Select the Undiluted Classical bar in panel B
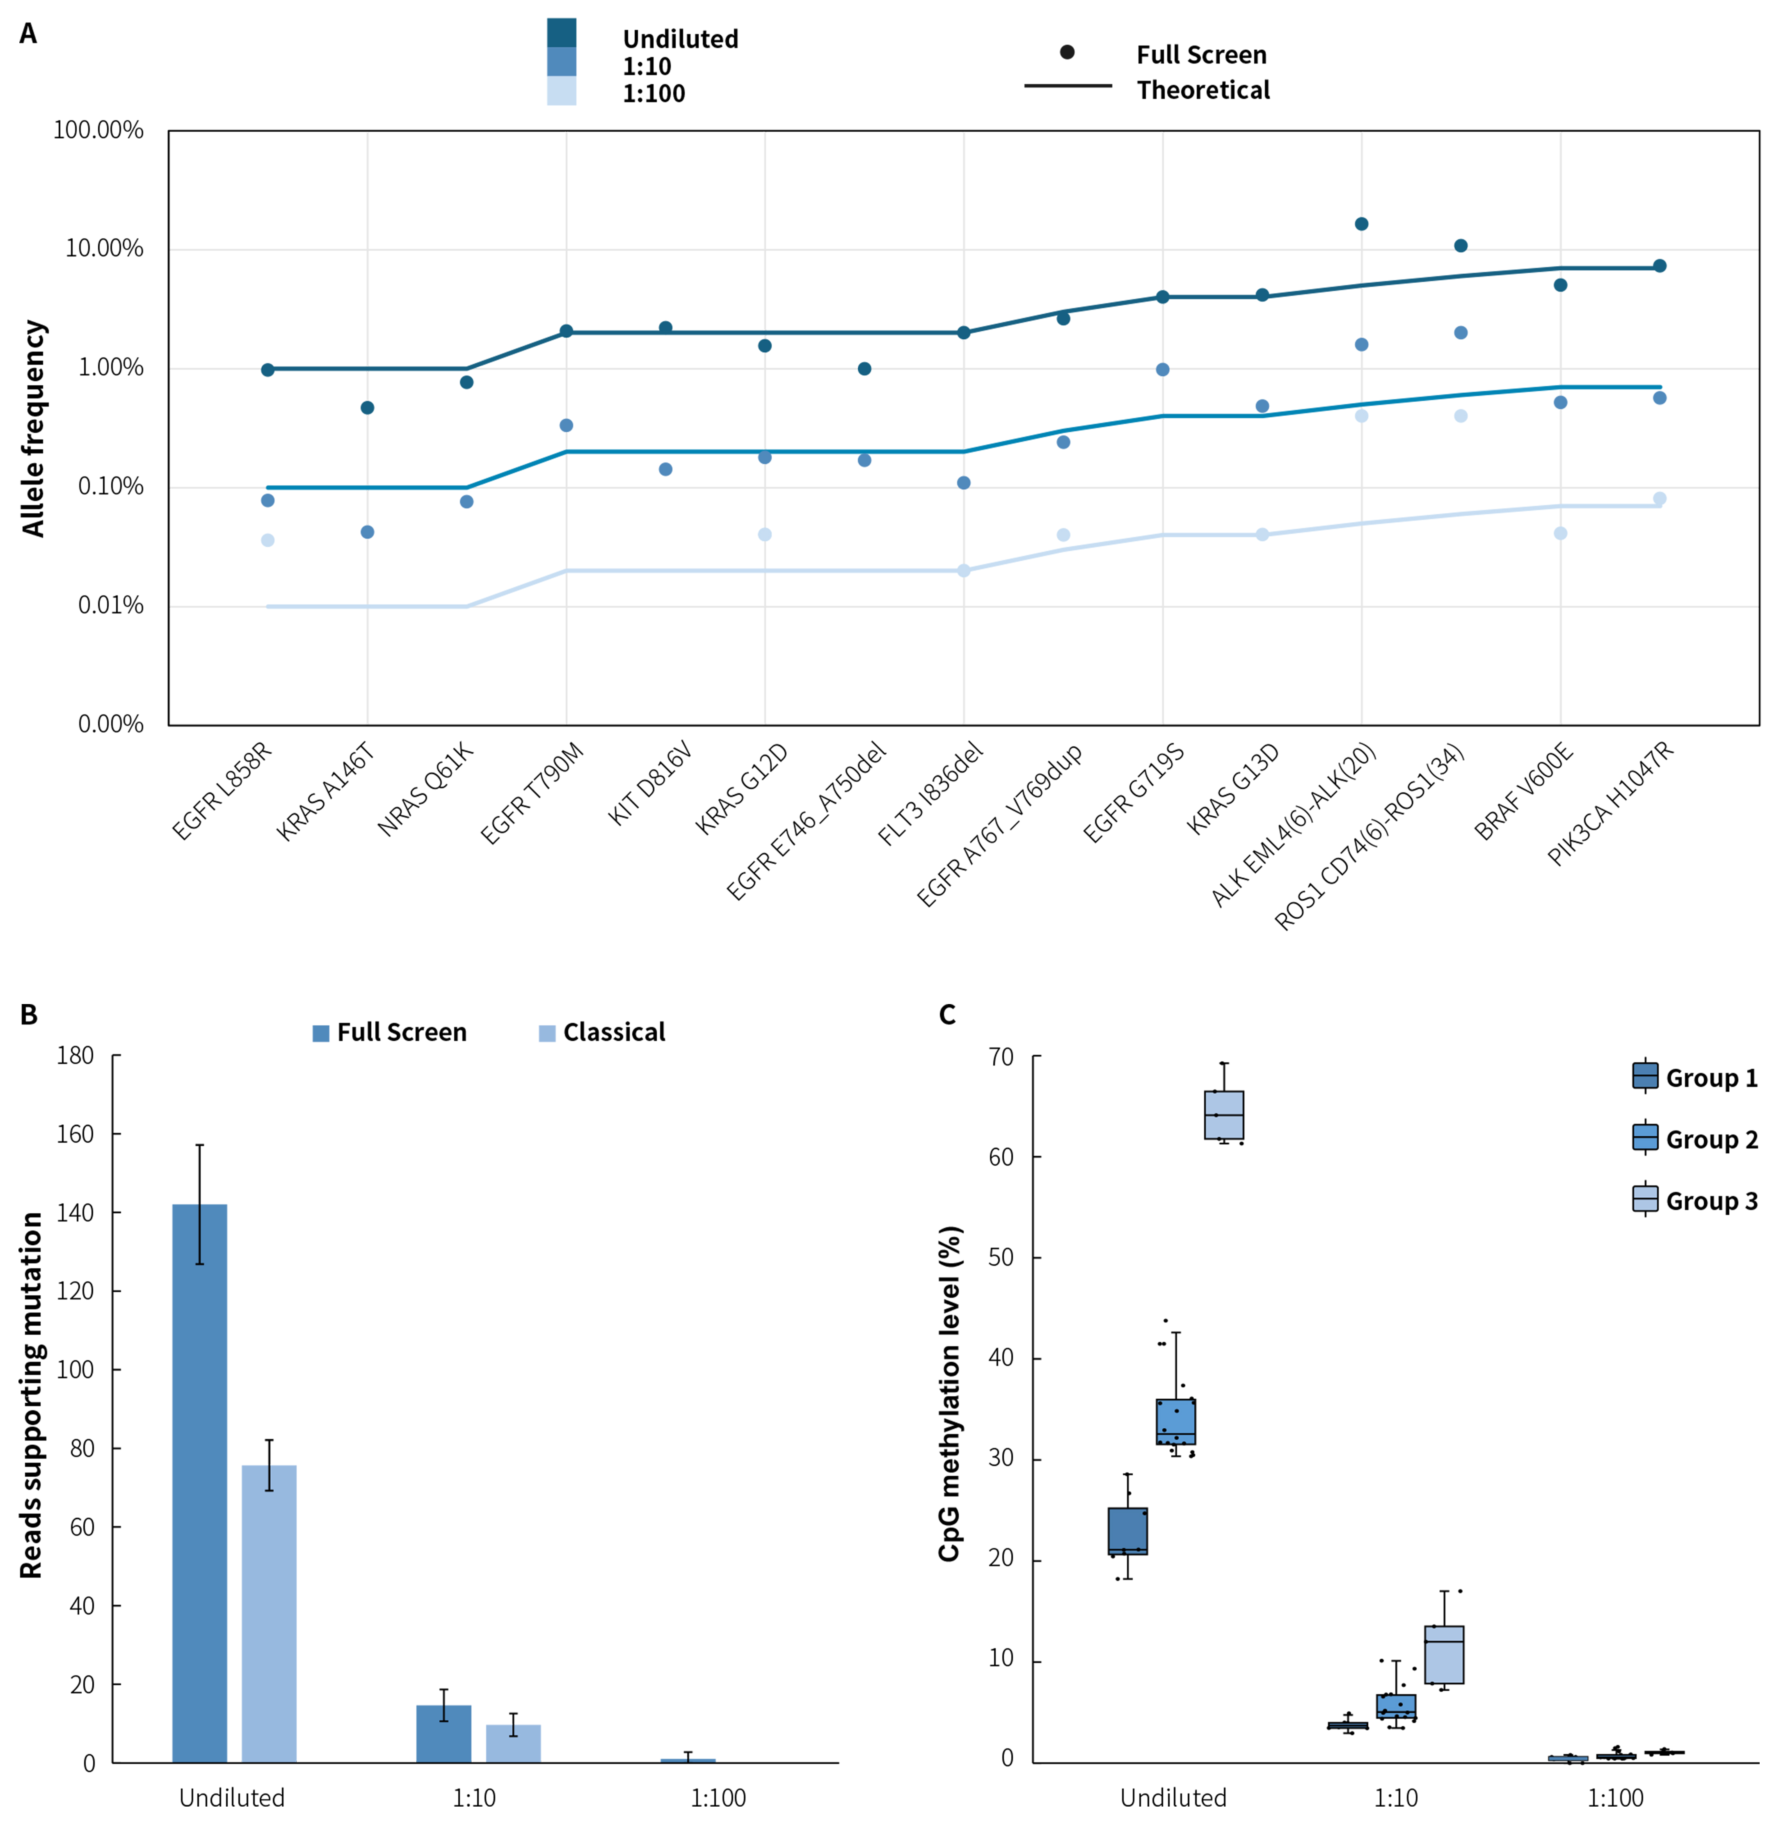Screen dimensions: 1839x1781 pyautogui.click(x=269, y=1614)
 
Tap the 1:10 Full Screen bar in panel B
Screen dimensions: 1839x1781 pyautogui.click(x=444, y=1734)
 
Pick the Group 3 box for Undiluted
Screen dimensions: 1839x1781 pyautogui.click(x=1223, y=1115)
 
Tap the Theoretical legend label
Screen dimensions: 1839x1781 pyautogui.click(x=1203, y=90)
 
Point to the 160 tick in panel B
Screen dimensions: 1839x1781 pyautogui.click(x=75, y=1135)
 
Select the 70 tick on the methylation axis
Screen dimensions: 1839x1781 pyautogui.click(x=1001, y=1057)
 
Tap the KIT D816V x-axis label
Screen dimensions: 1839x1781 pyautogui.click(x=649, y=785)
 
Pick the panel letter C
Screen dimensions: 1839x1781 pyautogui.click(x=947, y=1015)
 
